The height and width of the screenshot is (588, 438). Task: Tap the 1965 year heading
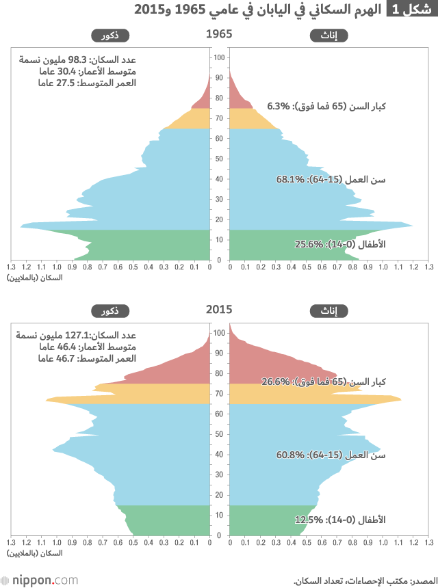(219, 35)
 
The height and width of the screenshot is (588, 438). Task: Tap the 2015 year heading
(219, 310)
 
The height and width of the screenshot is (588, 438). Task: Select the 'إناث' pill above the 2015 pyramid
(328, 311)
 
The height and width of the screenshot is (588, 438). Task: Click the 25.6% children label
(309, 244)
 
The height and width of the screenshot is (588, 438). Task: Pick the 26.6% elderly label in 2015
(275, 382)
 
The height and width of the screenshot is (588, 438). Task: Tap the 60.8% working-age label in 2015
(290, 455)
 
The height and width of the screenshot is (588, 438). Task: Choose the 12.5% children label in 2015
(309, 520)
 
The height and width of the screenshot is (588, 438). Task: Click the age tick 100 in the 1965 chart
(219, 57)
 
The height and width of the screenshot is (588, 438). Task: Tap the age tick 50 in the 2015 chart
(219, 434)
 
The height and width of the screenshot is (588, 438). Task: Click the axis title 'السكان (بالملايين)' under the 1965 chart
(34, 278)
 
